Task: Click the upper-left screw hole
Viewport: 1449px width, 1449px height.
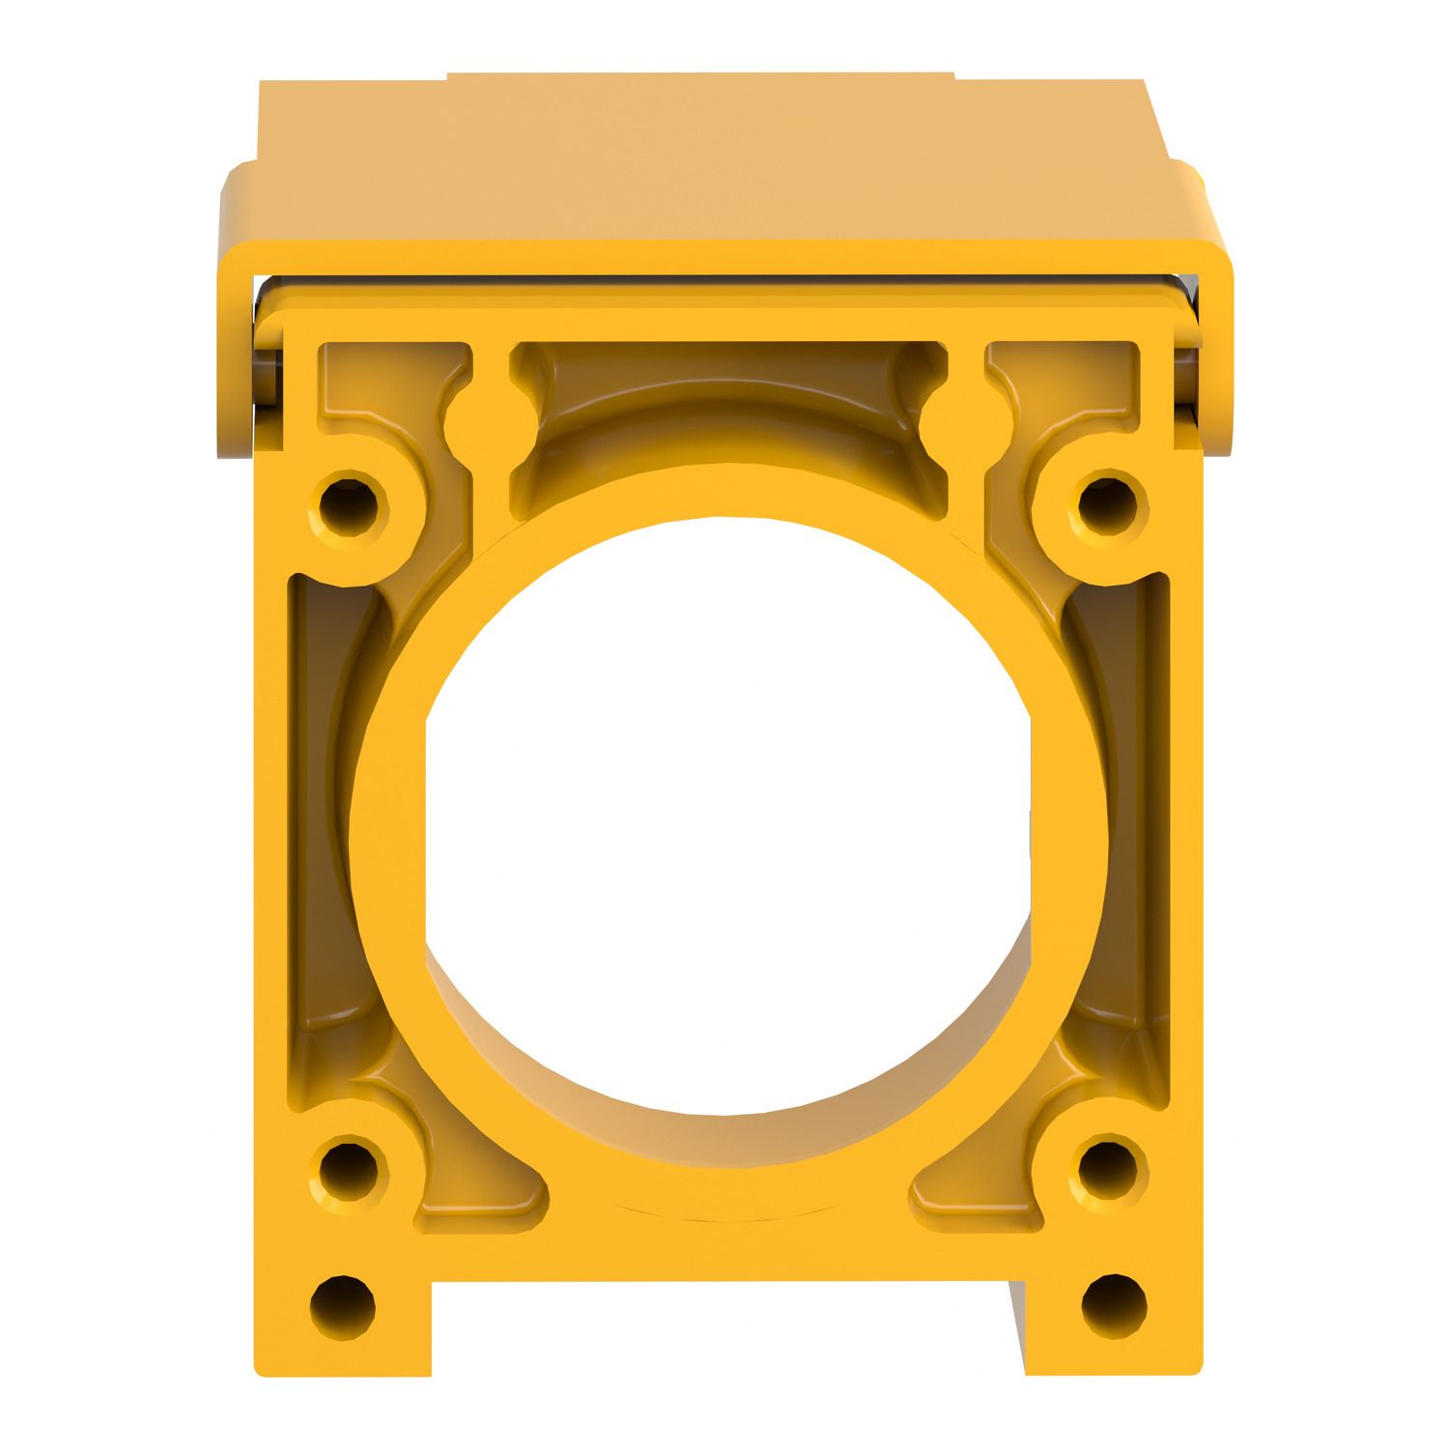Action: (349, 503)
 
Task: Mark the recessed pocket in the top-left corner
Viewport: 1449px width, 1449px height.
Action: (386, 386)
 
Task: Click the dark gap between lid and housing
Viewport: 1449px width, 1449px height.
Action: (724, 291)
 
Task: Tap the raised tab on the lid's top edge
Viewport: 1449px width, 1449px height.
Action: (700, 75)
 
